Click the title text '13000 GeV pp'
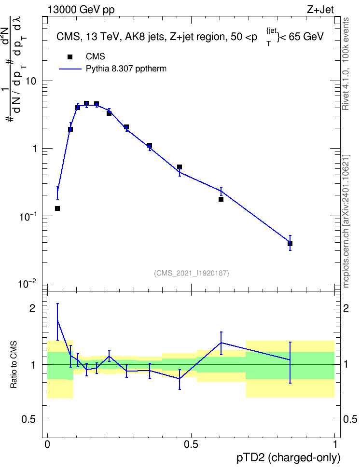[x=81, y=10]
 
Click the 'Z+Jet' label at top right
[x=320, y=10]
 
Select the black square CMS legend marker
[x=70, y=57]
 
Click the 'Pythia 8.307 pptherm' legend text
[x=126, y=69]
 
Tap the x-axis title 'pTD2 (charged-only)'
[x=289, y=458]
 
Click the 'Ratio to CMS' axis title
[x=14, y=365]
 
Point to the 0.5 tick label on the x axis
[x=191, y=444]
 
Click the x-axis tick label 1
[x=335, y=444]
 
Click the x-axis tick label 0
[x=47, y=444]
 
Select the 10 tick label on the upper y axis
[x=31, y=81]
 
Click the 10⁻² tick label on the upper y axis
[x=27, y=283]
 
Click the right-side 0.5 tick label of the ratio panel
[x=350, y=419]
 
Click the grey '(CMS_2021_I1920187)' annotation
[x=192, y=273]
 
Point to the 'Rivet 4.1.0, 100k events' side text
[x=346, y=64]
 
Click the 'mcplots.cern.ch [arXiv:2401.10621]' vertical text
[x=346, y=221]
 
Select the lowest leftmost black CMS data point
[x=57, y=208]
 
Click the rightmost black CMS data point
[x=290, y=244]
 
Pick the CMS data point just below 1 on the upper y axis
[x=180, y=167]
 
